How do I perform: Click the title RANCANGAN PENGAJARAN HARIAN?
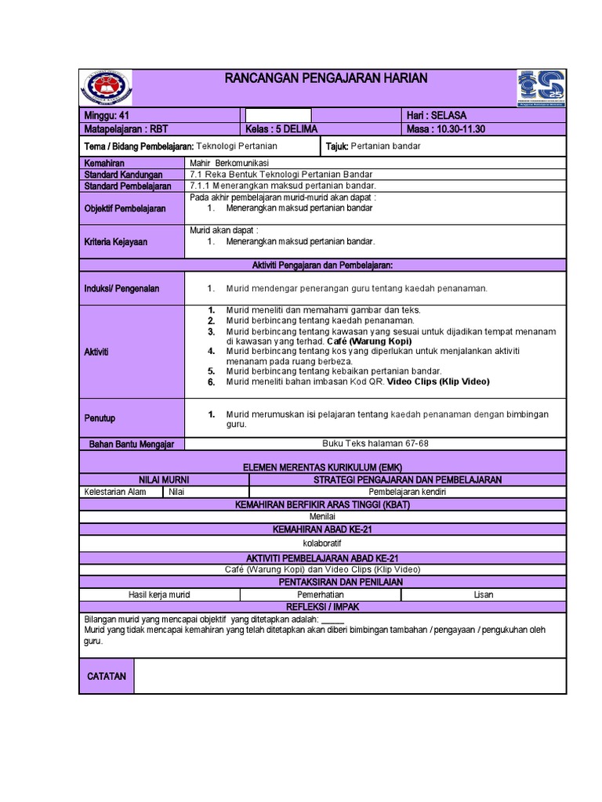point(326,78)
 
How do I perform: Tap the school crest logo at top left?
point(107,87)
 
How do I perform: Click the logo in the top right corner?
point(541,87)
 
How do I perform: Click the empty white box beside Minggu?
point(278,115)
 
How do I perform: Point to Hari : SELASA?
point(436,115)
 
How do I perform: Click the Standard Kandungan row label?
point(123,175)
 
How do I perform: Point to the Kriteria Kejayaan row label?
point(115,242)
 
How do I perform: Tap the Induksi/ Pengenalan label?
point(121,288)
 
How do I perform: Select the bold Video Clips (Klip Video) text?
point(438,381)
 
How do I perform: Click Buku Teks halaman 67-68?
point(375,443)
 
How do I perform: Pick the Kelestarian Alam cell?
point(115,492)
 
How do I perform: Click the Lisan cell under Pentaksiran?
point(484,594)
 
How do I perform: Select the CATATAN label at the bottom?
point(107,676)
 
